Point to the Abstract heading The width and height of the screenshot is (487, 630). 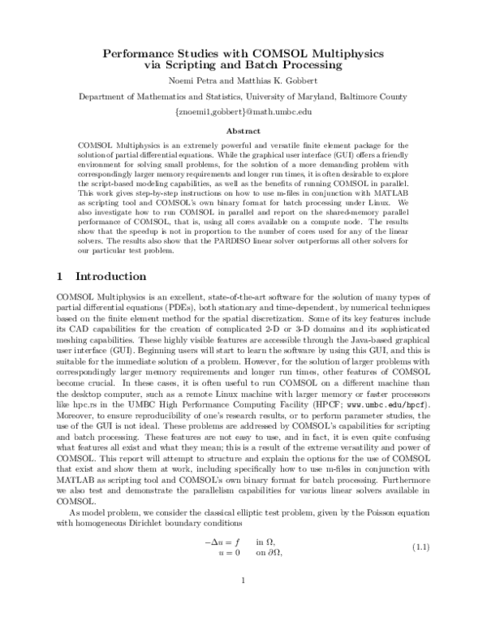click(243, 130)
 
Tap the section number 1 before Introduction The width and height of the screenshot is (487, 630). click(60, 277)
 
